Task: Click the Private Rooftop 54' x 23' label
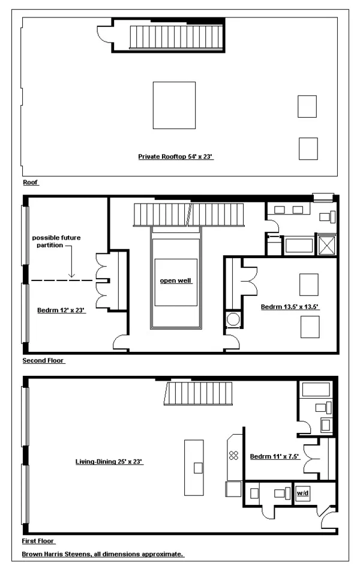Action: [176, 157]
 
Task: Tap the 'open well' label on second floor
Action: [176, 281]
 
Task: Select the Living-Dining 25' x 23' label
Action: [109, 462]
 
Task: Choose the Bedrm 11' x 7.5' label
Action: [274, 456]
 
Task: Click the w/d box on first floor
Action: [302, 494]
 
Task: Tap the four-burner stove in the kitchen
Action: [234, 455]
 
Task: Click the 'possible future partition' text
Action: [56, 241]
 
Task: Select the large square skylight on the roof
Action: [174, 104]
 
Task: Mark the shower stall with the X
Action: [327, 244]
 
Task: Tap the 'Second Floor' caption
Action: [43, 361]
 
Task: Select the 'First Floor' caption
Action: [38, 541]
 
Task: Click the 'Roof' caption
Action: [31, 182]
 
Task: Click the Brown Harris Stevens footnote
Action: [103, 554]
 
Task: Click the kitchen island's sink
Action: [198, 468]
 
